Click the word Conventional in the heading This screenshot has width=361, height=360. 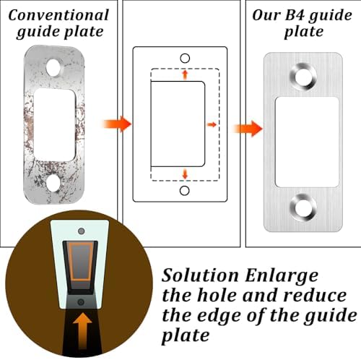coord(58,15)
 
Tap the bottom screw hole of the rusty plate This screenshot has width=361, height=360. coord(53,184)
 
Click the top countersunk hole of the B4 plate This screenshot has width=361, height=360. coord(303,77)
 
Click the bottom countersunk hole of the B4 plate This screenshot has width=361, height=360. coord(303,207)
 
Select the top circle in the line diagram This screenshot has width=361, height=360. coord(185,58)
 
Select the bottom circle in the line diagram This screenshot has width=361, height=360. coord(184,191)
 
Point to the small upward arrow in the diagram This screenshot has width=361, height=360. coord(185,74)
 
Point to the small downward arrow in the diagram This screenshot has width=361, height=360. coord(185,174)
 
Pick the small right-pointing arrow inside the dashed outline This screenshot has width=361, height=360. coord(212,124)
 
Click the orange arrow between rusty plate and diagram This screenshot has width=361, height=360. coord(117,124)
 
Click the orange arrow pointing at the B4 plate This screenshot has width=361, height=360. coord(248,129)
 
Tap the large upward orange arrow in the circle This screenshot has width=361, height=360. coord(82,330)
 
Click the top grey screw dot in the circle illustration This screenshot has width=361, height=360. coord(82,231)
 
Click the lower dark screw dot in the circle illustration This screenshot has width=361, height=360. coord(81,302)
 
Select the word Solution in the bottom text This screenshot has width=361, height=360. coord(200,275)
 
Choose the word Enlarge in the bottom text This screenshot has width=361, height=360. coord(282,276)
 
